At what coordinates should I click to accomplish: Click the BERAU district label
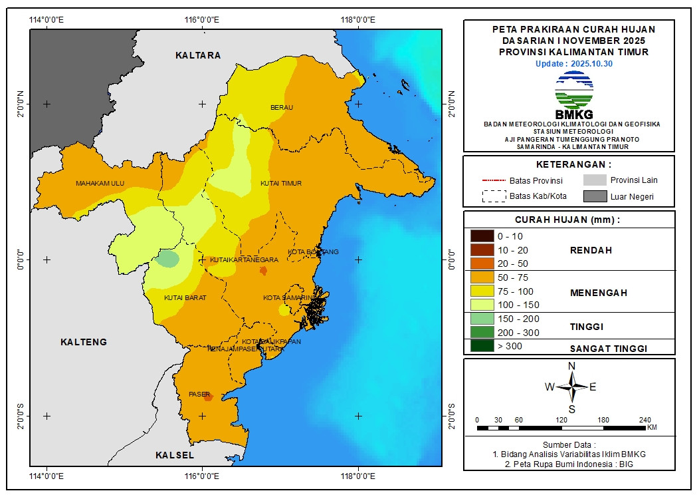point(282,107)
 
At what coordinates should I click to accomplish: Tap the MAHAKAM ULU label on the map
point(100,183)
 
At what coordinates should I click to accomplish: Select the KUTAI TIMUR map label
point(281,183)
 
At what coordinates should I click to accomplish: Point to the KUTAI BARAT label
point(185,297)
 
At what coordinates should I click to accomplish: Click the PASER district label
point(199,394)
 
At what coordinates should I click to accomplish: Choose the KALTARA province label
point(198,55)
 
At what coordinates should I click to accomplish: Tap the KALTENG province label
point(84,342)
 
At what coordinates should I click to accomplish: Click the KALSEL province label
point(175,455)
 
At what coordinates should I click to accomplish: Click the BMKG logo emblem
point(573,90)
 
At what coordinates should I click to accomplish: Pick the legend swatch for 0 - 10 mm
point(482,236)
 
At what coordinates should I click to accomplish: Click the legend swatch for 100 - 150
point(482,305)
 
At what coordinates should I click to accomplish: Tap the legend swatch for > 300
point(482,346)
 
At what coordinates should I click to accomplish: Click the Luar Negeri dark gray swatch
point(595,196)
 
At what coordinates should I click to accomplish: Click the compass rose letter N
point(571,366)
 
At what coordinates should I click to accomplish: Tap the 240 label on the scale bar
point(645,420)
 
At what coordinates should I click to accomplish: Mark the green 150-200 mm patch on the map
point(168,259)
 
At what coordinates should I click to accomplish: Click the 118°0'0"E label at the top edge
point(358,19)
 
